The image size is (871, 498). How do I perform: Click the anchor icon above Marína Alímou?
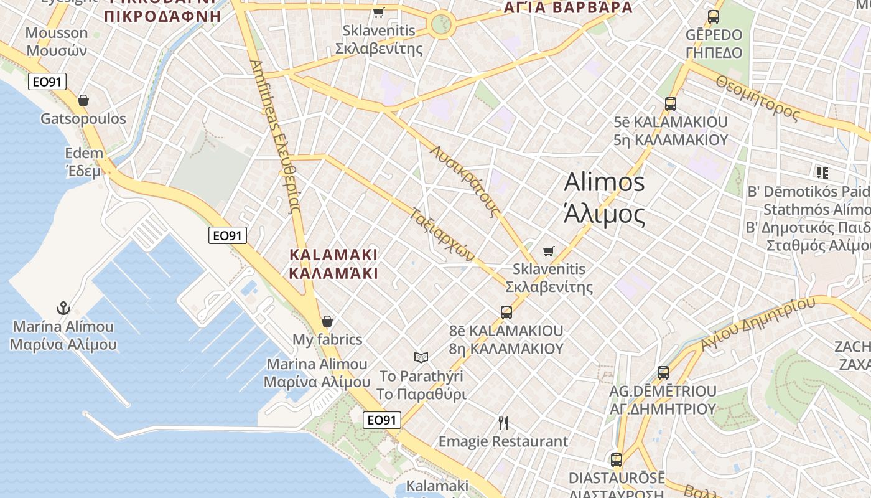[63, 308]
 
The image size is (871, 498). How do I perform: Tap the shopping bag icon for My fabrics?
[327, 321]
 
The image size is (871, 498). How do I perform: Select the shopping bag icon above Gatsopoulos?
[83, 100]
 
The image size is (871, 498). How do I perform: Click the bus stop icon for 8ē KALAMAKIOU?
[506, 312]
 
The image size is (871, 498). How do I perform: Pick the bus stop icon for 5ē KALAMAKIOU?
[670, 103]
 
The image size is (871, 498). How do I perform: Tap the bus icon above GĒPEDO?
[713, 17]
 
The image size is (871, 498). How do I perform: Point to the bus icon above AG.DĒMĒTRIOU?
[663, 373]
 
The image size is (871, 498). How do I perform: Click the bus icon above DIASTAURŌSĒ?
[616, 460]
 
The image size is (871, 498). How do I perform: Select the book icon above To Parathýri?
[421, 357]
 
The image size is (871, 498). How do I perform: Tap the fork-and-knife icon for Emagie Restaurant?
[503, 423]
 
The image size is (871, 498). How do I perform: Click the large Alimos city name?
[604, 198]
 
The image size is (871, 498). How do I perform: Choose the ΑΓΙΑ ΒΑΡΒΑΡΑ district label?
[567, 7]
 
